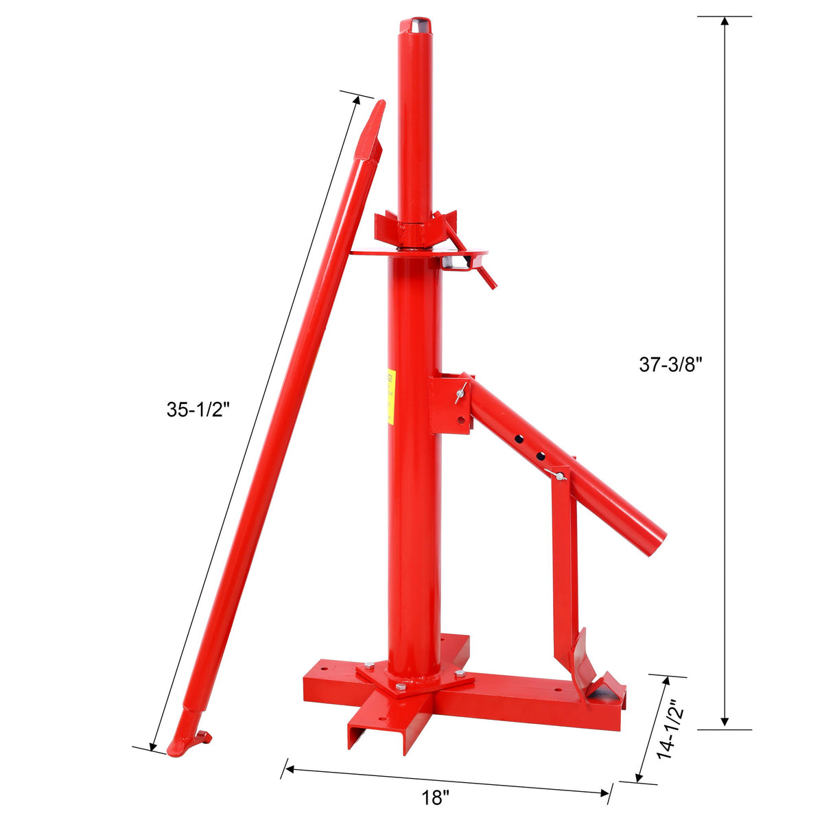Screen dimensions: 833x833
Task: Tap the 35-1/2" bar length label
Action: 197,410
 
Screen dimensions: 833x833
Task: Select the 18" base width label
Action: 436,798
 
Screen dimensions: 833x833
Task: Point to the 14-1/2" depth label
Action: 667,729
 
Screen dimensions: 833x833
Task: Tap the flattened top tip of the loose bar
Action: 373,127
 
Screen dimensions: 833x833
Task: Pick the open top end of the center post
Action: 415,25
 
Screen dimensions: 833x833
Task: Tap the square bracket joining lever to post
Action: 450,403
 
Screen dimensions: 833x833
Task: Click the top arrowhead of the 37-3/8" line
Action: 724,21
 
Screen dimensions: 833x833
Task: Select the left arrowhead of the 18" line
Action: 288,769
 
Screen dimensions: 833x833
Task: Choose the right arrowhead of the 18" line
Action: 605,793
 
